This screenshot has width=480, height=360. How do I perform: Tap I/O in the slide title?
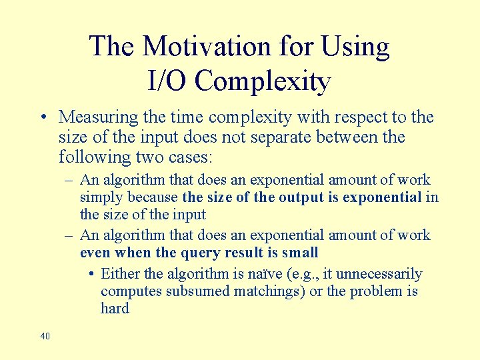[168, 81]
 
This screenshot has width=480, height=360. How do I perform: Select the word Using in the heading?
[355, 47]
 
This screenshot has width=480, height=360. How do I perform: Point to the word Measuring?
[98, 117]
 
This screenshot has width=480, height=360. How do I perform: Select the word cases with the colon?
[191, 157]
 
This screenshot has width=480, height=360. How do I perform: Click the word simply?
[101, 197]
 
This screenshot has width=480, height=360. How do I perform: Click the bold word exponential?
[383, 197]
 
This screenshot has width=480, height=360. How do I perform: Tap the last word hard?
[115, 309]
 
